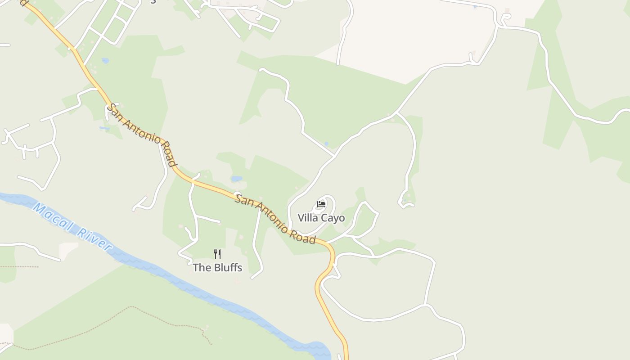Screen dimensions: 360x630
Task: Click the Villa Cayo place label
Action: coord(321,218)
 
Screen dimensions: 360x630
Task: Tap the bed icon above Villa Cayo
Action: coord(321,204)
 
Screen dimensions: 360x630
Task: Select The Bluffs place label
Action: coord(217,268)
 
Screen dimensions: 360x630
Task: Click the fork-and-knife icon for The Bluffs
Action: coord(217,254)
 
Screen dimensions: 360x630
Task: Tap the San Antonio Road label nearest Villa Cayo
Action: coord(275,219)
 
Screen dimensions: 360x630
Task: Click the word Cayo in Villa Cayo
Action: coord(334,218)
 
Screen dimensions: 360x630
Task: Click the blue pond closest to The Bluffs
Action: coord(237,179)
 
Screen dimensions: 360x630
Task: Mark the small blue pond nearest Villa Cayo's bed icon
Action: coord(326,144)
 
